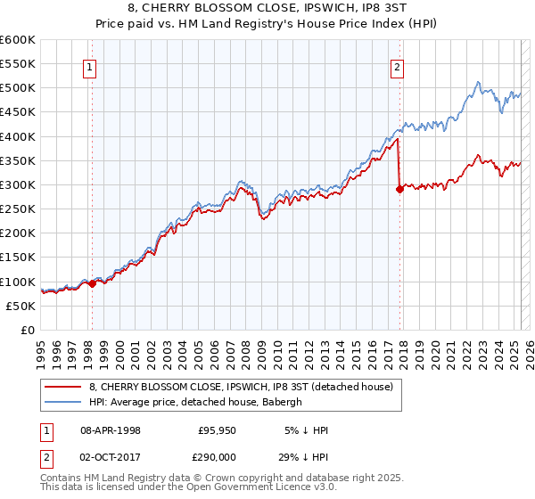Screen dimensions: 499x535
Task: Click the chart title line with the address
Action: pos(267,10)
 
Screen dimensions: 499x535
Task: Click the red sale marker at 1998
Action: pos(92,283)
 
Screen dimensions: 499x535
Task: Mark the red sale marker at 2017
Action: pos(399,189)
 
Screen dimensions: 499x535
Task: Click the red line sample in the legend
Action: pos(63,386)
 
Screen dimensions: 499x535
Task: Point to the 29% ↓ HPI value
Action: pos(306,455)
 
